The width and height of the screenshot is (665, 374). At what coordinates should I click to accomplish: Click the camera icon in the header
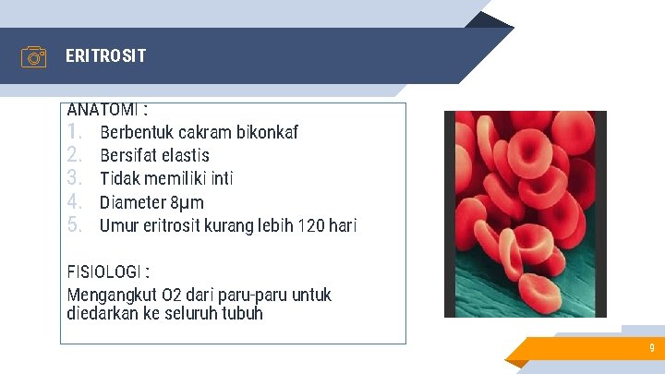coord(33,57)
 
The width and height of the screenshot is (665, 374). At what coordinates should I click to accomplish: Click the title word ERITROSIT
coord(105,56)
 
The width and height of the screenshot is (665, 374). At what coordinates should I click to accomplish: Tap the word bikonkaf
coord(267,132)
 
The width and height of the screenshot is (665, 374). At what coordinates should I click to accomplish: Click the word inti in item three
coord(222,178)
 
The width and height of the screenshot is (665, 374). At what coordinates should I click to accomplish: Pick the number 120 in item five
coord(309,225)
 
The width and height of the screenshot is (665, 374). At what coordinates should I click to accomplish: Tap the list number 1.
coord(75,132)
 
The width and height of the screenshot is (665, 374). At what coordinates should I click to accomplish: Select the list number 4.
coord(76,201)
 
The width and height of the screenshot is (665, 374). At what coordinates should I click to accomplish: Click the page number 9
coord(651,348)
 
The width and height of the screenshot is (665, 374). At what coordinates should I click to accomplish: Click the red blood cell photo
coord(525,214)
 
